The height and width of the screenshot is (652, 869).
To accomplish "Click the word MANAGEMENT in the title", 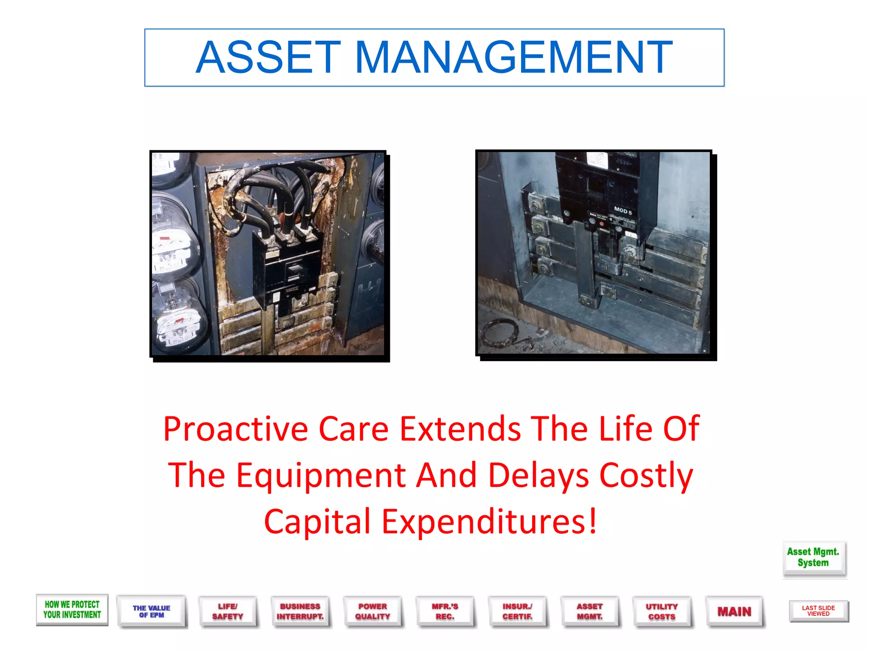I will coord(513,58).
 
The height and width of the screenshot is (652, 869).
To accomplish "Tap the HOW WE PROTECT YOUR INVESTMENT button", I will coord(72,610).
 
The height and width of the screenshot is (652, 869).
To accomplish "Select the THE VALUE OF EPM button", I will coord(151,612).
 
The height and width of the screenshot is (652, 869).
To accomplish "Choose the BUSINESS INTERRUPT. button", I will coord(300,612).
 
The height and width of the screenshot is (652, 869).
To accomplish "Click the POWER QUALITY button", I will coord(373,612).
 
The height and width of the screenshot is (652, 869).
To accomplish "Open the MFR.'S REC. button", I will coord(445,612).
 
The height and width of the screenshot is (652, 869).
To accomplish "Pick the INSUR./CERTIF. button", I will coord(517,612).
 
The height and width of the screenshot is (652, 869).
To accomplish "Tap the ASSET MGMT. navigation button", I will coord(590,612).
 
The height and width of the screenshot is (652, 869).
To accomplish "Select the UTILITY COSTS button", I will coord(662,612).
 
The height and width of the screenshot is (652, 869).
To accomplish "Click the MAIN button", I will coord(734,612).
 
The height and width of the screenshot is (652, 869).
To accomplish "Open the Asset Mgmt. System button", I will coord(813,558).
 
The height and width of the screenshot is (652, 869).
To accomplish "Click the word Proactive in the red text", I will coord(235,429).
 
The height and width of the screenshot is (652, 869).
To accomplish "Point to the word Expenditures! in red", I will coord(490,522).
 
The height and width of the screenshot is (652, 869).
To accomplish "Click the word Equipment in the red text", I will coord(321,475).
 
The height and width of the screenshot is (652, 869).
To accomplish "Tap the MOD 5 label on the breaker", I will coord(623,211).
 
